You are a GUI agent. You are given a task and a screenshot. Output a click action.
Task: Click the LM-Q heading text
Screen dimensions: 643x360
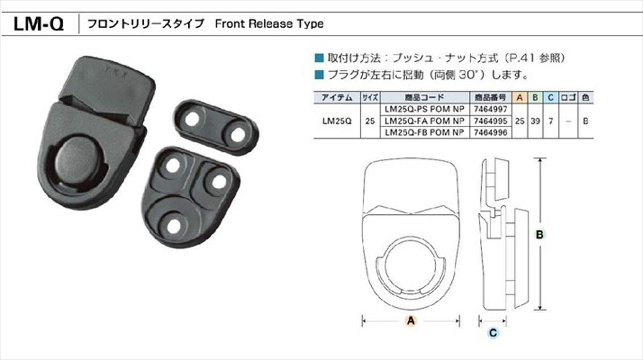click(x=39, y=24)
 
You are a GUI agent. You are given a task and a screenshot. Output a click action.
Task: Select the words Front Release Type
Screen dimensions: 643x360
click(x=269, y=24)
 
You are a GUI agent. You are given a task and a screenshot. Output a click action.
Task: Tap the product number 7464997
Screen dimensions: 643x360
click(x=491, y=109)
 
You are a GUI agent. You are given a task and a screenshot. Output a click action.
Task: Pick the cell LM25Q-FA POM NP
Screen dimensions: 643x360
click(x=424, y=121)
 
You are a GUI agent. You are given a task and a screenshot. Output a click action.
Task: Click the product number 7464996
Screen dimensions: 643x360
click(x=491, y=133)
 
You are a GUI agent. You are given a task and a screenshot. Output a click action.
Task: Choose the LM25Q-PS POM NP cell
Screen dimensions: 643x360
click(x=424, y=109)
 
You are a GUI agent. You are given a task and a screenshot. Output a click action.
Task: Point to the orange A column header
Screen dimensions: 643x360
click(x=519, y=97)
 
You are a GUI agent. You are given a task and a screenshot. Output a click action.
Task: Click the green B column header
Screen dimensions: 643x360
click(x=535, y=97)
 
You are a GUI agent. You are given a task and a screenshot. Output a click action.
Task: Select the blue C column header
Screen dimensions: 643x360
click(x=551, y=97)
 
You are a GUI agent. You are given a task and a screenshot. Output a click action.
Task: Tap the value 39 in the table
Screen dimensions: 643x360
click(x=535, y=121)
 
